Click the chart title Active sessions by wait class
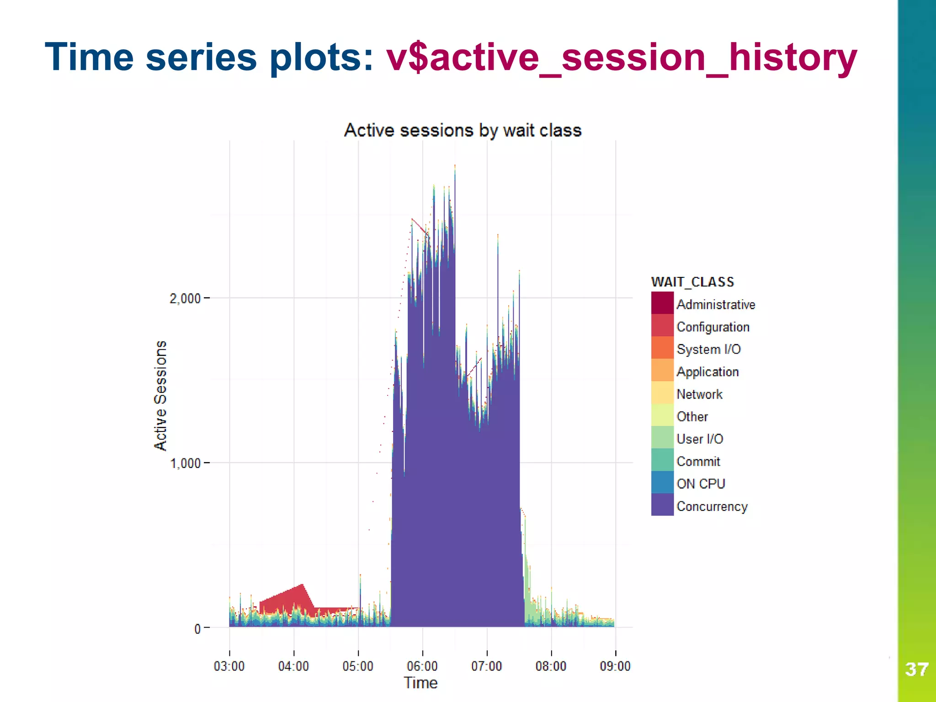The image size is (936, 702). pos(463,130)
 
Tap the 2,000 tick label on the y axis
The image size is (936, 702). pos(185,298)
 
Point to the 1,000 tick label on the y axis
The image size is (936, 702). pos(185,463)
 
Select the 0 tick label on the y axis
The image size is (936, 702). pos(197,629)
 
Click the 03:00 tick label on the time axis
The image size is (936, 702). pos(229,666)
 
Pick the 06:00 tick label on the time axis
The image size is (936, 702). pos(422,666)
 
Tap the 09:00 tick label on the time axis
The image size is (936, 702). pos(615,666)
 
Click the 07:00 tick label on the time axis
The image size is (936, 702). pos(486,666)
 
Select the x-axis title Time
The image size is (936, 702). pos(420,683)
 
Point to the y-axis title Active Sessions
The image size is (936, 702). pos(160,395)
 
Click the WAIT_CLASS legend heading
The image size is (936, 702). pos(692,282)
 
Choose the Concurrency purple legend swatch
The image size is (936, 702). pos(662,505)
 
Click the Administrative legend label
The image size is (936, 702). pos(716,304)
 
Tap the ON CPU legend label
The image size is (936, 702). pos(701,484)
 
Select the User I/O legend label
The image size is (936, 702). pos(700,439)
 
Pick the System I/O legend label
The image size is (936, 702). pos(708,349)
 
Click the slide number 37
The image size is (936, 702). pos(916,670)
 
